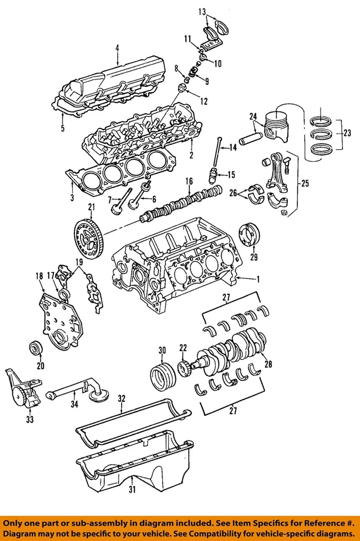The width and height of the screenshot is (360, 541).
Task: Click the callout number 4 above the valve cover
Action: point(117,48)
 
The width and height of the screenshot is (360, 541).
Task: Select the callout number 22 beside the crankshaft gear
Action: point(183,347)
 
